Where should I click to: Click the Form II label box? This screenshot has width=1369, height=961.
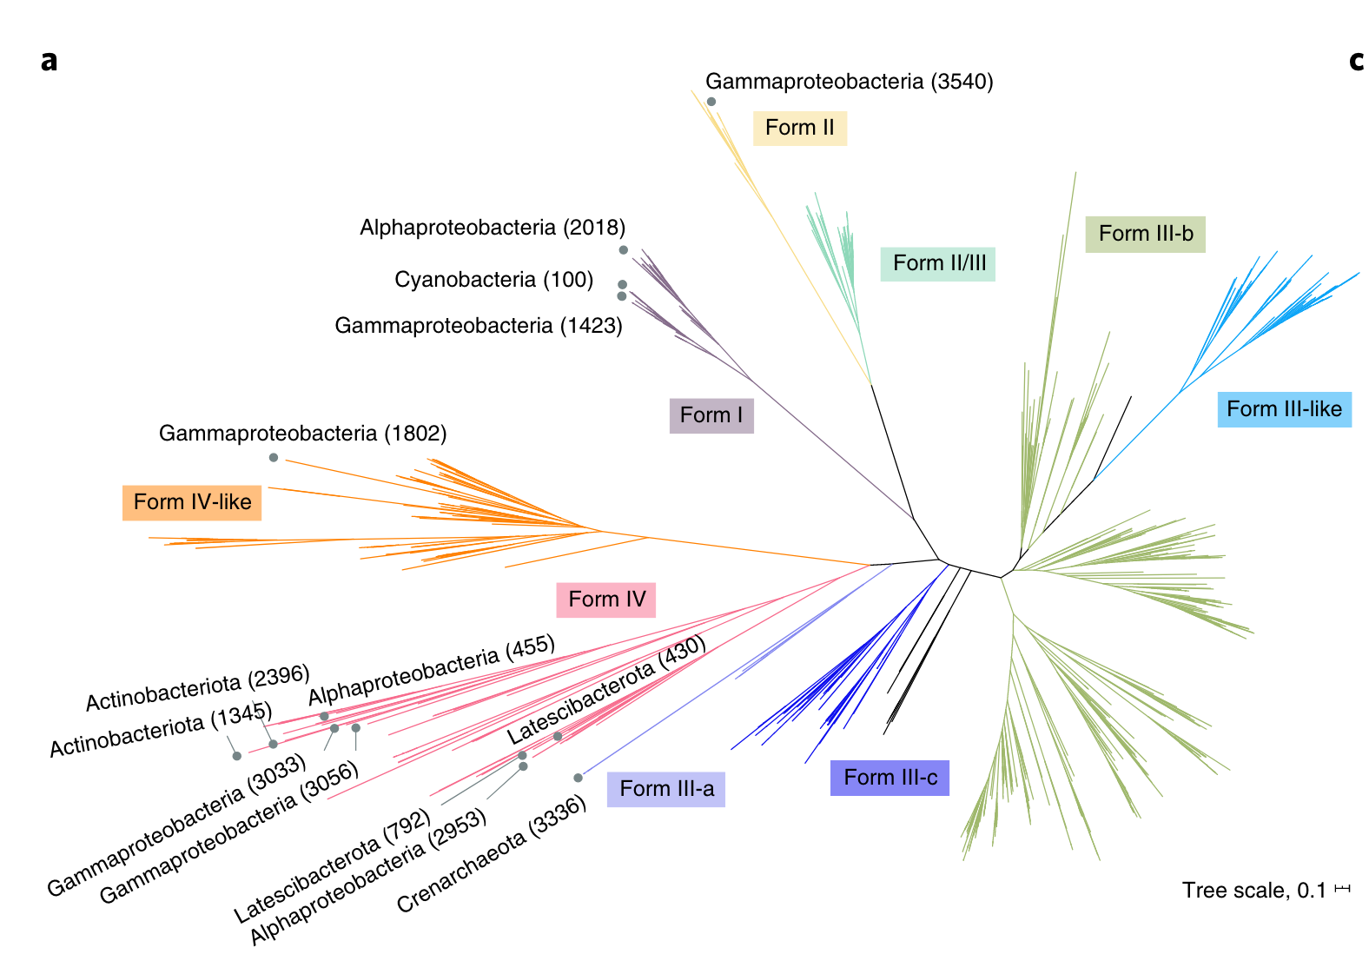[x=799, y=128]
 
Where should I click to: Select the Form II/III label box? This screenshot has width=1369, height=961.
[x=938, y=263]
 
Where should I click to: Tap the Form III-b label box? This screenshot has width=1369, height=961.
[x=1145, y=234]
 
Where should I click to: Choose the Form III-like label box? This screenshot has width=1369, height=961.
[x=1284, y=409]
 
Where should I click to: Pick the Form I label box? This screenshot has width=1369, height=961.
[x=711, y=415]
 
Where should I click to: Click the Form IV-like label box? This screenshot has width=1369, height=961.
[x=192, y=502]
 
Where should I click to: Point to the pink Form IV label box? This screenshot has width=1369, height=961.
[x=606, y=600]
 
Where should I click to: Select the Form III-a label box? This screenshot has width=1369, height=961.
[x=666, y=789]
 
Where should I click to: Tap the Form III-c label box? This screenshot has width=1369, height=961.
[x=890, y=778]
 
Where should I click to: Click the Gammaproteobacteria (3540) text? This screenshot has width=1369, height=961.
[x=849, y=82]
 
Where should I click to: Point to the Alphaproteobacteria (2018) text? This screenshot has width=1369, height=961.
[x=493, y=228]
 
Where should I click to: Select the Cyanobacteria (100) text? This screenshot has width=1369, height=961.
[x=493, y=280]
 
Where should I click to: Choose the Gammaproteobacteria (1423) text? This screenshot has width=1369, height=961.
[x=479, y=326]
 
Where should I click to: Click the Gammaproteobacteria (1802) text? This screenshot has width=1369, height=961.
[x=302, y=434]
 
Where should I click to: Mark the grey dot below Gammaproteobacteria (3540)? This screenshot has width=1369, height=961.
[x=711, y=102]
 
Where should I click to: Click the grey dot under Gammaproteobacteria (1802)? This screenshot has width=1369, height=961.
[x=274, y=458]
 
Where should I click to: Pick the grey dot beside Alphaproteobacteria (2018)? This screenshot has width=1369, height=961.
[x=624, y=250]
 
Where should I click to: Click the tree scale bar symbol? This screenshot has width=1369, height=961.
[x=1343, y=888]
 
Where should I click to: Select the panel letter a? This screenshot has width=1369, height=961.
[x=50, y=61]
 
